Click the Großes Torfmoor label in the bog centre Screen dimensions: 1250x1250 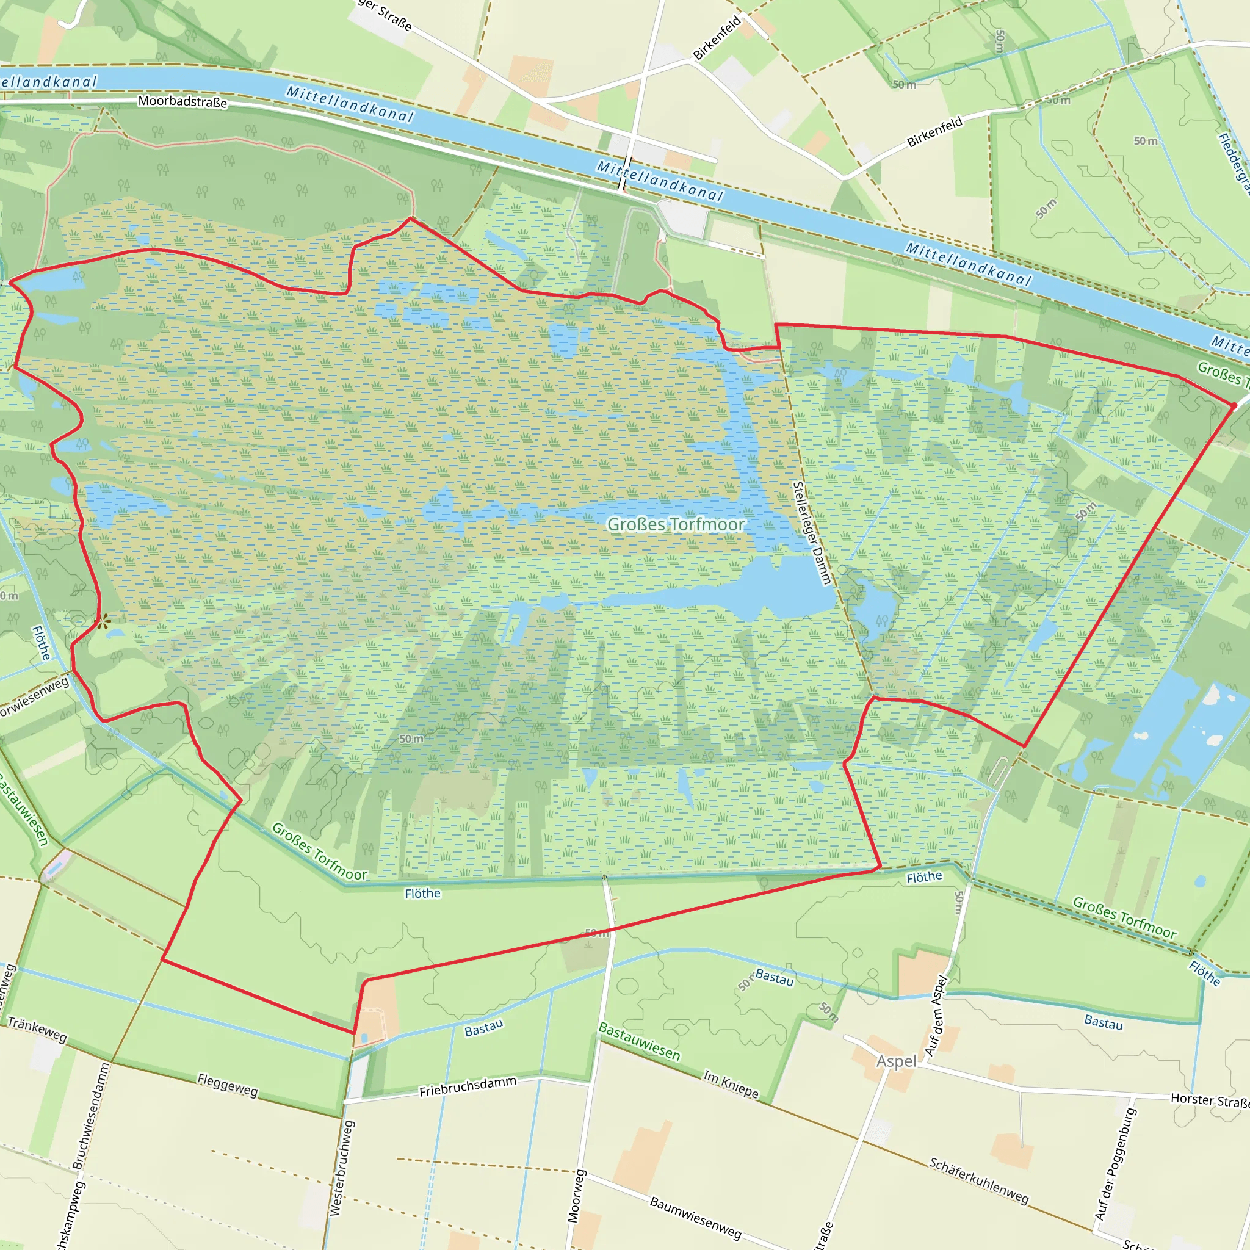click(676, 524)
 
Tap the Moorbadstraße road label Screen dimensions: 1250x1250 click(182, 101)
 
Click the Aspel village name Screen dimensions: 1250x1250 click(896, 1061)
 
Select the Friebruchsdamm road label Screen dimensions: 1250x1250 click(468, 1086)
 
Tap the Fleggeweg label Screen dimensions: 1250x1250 click(228, 1085)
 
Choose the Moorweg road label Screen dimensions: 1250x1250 click(576, 1196)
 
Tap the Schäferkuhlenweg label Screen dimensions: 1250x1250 click(978, 1181)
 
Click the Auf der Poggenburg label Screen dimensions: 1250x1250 click(1114, 1165)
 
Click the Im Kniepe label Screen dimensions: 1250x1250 click(731, 1084)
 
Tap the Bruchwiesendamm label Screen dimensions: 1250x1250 click(90, 1116)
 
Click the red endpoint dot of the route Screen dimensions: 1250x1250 click(1233, 406)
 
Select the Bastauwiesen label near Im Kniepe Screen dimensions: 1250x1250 click(638, 1041)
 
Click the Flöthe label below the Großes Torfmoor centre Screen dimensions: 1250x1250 click(422, 894)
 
